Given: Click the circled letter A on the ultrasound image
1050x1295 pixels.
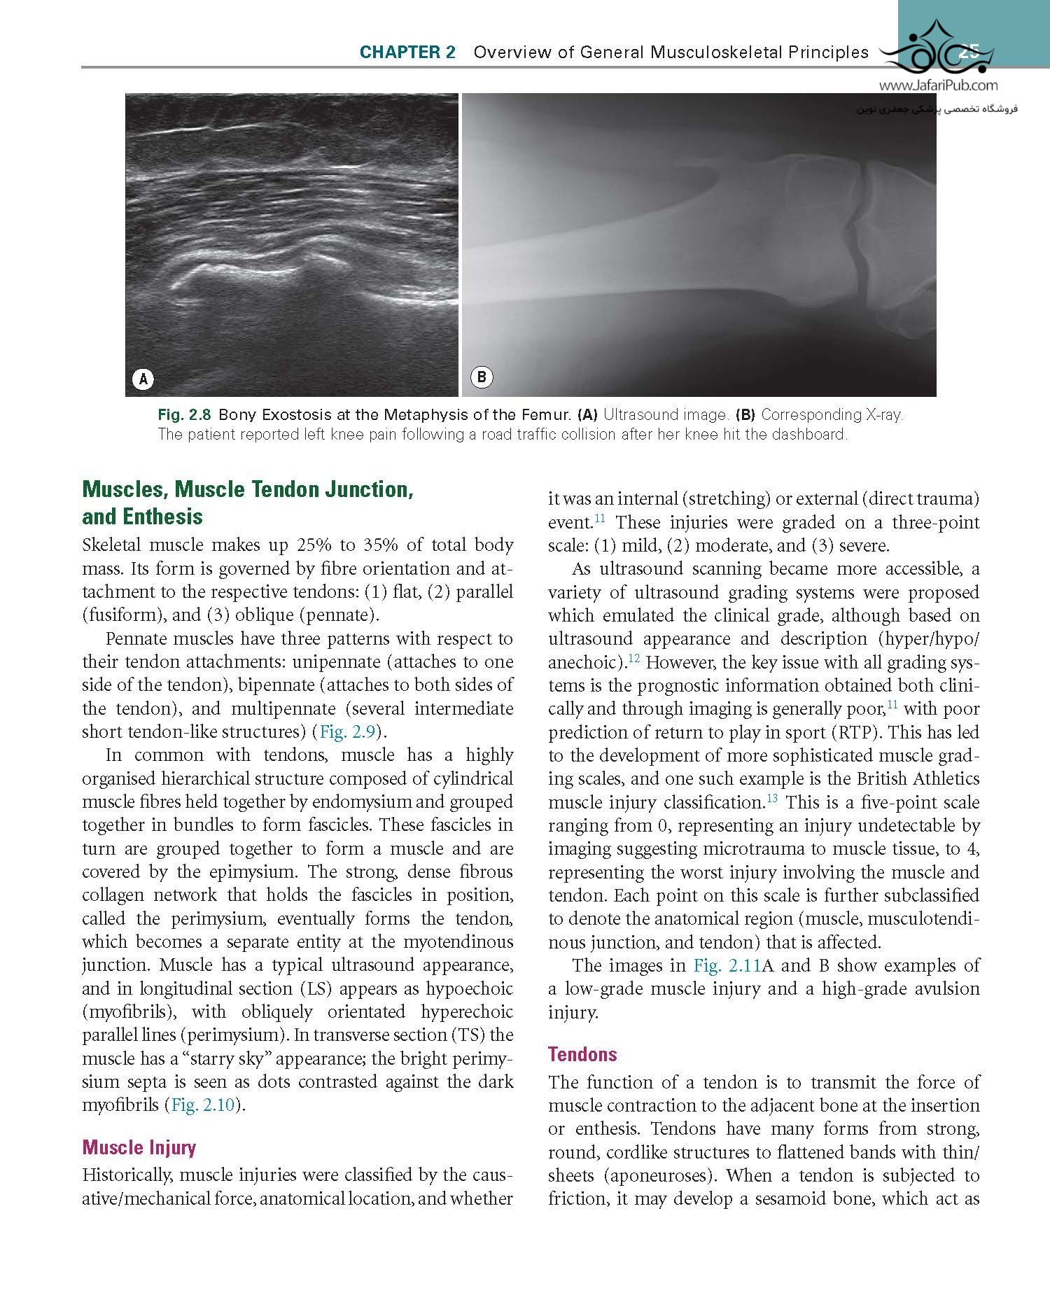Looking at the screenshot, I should (x=143, y=379).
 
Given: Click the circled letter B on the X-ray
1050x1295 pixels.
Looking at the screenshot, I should (x=482, y=377).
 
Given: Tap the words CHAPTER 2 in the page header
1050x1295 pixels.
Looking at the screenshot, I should (x=407, y=52).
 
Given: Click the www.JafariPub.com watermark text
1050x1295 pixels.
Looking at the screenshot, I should (x=938, y=86).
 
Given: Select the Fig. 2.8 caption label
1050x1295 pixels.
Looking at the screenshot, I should (x=185, y=415).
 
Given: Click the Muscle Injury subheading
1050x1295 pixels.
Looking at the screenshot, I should (x=139, y=1147).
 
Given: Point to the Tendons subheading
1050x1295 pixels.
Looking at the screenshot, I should (x=582, y=1054).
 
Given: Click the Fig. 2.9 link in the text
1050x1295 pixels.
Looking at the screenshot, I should (x=348, y=732).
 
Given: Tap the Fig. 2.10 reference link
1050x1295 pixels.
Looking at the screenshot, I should (x=204, y=1105).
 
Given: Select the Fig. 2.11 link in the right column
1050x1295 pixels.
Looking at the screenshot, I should (x=727, y=966).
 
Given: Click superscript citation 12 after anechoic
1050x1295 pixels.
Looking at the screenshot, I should (x=633, y=658).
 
